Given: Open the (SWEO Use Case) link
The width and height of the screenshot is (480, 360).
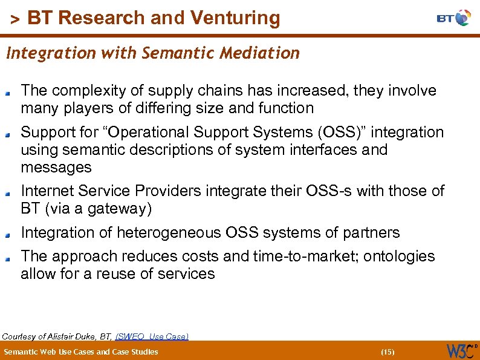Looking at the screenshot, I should [x=152, y=336].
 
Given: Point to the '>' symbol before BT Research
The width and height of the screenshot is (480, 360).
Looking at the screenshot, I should [x=15, y=20].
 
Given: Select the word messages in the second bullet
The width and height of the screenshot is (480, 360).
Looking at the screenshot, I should [x=56, y=167].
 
